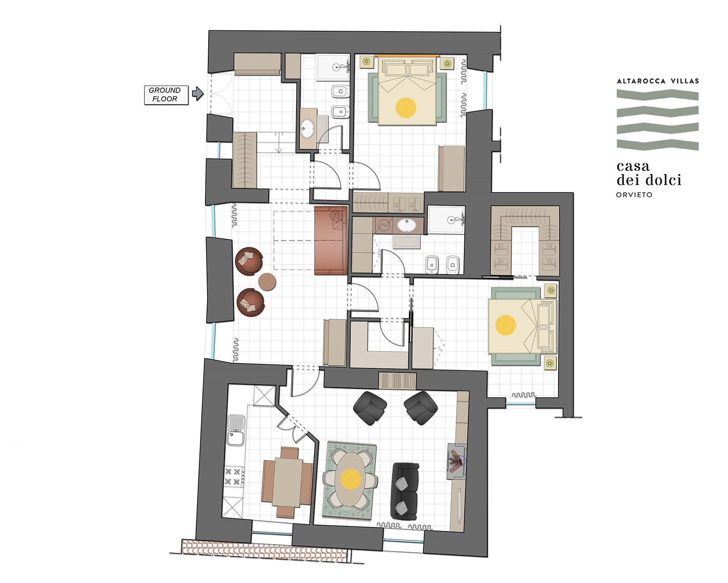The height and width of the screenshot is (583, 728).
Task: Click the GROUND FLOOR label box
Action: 166,95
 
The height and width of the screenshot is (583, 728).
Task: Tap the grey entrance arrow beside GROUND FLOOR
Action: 197,94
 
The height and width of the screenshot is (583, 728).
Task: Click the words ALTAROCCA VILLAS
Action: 658,81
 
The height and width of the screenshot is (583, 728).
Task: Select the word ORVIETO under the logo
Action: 634,195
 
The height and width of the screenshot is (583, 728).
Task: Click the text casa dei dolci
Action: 649,173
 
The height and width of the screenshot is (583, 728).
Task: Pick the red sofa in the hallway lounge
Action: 330,240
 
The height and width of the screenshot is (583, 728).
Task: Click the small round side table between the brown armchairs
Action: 267,281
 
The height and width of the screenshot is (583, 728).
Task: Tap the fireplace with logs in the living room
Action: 457,461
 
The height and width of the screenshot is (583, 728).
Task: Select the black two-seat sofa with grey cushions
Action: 404,491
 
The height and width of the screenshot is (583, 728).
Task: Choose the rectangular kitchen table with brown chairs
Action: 287,482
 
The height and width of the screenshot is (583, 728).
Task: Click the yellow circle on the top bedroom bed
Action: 406,107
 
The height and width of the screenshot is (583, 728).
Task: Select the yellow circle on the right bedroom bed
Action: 506,325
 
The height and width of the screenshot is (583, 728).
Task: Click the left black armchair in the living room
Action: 370,407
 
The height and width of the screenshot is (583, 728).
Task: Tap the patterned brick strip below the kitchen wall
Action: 265,550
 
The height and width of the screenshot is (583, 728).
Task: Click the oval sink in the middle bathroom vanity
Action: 406,225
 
